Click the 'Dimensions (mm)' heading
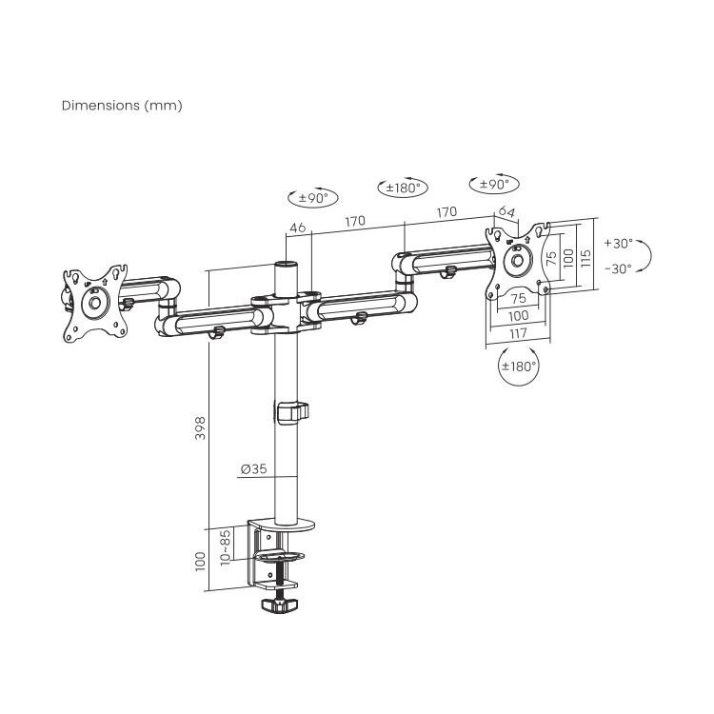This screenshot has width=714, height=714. pyautogui.click(x=122, y=106)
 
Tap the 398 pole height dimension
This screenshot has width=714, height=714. pyautogui.click(x=200, y=428)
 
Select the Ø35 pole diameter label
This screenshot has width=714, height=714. pyautogui.click(x=254, y=468)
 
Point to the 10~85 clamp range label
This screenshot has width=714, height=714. pyautogui.click(x=225, y=546)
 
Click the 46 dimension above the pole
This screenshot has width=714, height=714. pyautogui.click(x=298, y=228)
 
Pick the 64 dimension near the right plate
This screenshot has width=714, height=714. pyautogui.click(x=506, y=211)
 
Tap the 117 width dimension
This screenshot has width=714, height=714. pyautogui.click(x=518, y=333)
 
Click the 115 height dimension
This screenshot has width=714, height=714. pyautogui.click(x=586, y=258)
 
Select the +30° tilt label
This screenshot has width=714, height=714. pyautogui.click(x=619, y=244)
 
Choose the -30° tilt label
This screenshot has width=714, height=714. pyautogui.click(x=619, y=269)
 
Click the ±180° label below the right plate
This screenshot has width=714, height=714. pyautogui.click(x=519, y=367)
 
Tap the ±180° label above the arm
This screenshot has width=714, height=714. pyautogui.click(x=404, y=188)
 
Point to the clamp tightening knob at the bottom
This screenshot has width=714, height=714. pyautogui.click(x=280, y=605)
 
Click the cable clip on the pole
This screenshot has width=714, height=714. pyautogui.click(x=292, y=412)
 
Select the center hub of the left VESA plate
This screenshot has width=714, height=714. pyautogui.click(x=95, y=303)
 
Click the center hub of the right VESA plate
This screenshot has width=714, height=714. pyautogui.click(x=517, y=261)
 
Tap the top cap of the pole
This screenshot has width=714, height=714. pyautogui.click(x=286, y=265)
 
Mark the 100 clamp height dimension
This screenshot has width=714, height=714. pyautogui.click(x=200, y=561)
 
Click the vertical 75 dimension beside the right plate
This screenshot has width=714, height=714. pyautogui.click(x=551, y=258)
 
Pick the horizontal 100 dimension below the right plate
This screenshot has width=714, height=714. pyautogui.click(x=518, y=315)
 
